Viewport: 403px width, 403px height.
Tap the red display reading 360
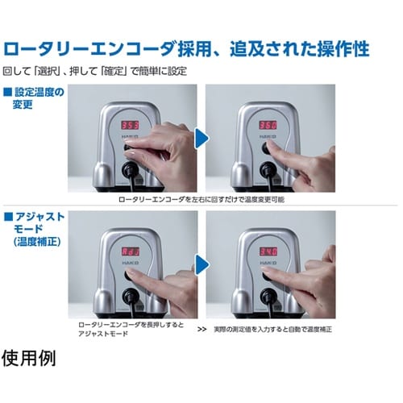[268, 127]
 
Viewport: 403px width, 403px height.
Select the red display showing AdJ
[128, 251]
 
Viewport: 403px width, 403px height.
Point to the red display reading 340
[268, 252]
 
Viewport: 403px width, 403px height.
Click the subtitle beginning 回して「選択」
[94, 71]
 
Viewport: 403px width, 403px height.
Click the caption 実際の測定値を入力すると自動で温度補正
[276, 330]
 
